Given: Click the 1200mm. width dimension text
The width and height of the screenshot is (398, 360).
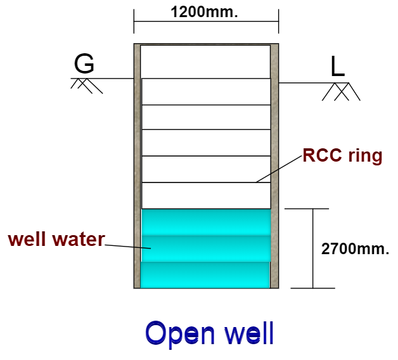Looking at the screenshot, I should click(x=205, y=12).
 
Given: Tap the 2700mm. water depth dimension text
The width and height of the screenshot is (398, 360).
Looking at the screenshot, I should click(x=355, y=249).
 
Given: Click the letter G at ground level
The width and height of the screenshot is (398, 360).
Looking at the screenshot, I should click(x=84, y=65).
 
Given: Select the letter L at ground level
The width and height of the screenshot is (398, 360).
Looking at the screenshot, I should click(x=338, y=67).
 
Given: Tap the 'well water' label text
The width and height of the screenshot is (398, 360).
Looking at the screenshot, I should click(x=56, y=240).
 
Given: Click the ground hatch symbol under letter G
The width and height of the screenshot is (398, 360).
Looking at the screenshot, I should click(x=86, y=86).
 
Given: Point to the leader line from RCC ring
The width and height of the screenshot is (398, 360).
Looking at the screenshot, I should click(x=279, y=170).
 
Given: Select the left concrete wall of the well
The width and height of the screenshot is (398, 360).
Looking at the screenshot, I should click(x=137, y=165).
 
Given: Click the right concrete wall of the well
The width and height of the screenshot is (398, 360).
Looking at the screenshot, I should click(x=274, y=165).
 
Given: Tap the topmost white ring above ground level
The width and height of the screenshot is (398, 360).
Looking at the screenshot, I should click(x=205, y=61).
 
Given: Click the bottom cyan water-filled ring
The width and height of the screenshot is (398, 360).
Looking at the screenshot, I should click(x=205, y=274).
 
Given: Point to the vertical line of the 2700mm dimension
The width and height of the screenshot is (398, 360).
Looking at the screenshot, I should click(x=313, y=248).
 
